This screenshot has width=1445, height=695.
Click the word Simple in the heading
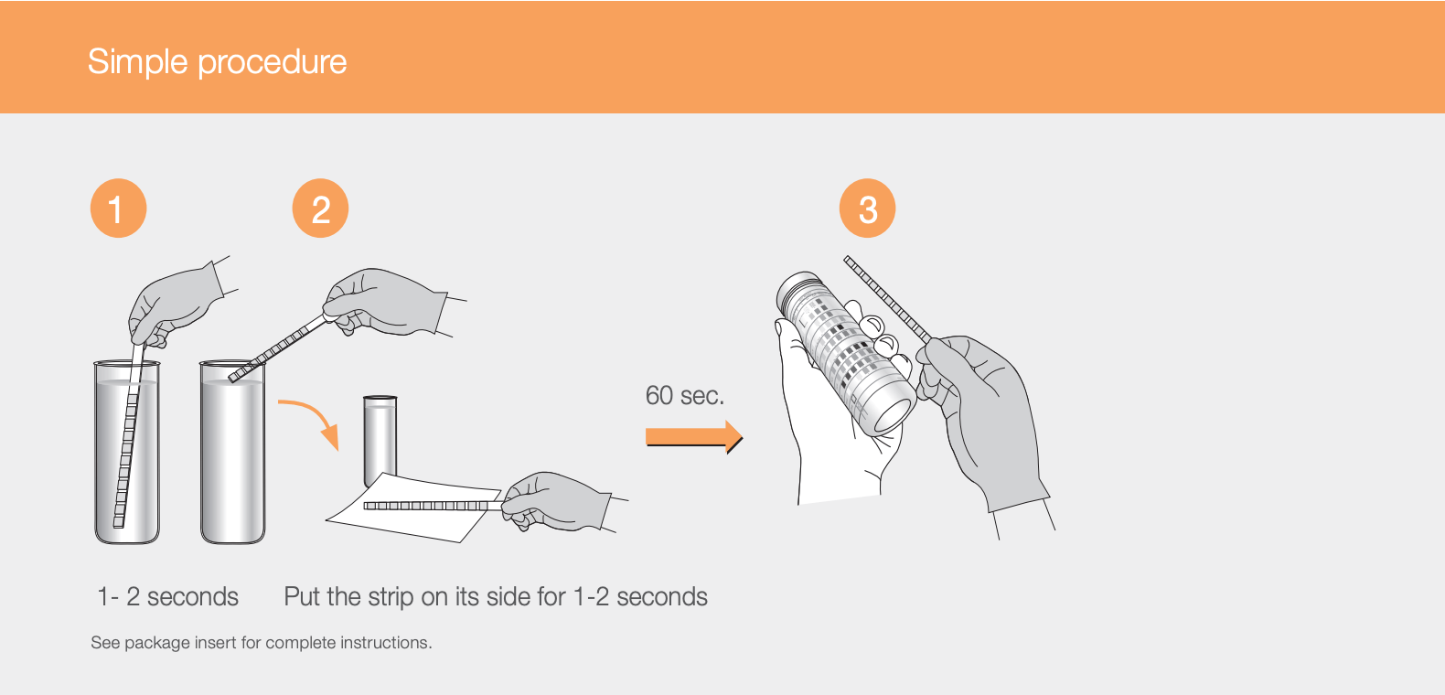coord(137,62)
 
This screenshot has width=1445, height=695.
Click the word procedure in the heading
coord(273,62)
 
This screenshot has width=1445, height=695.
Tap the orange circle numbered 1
coord(118,208)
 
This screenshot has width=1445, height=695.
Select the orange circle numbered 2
coord(320,208)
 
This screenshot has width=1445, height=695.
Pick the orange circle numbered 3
coord(867,208)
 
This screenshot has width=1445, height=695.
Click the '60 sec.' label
coord(684,396)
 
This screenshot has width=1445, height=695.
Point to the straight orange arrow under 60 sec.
coord(693,437)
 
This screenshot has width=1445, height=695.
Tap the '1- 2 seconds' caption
coord(167,597)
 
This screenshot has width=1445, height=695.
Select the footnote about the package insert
coord(262,643)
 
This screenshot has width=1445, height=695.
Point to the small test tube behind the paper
coord(380,440)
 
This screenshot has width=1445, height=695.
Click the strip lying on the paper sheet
coord(433,506)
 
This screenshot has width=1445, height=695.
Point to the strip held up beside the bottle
coord(888,300)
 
